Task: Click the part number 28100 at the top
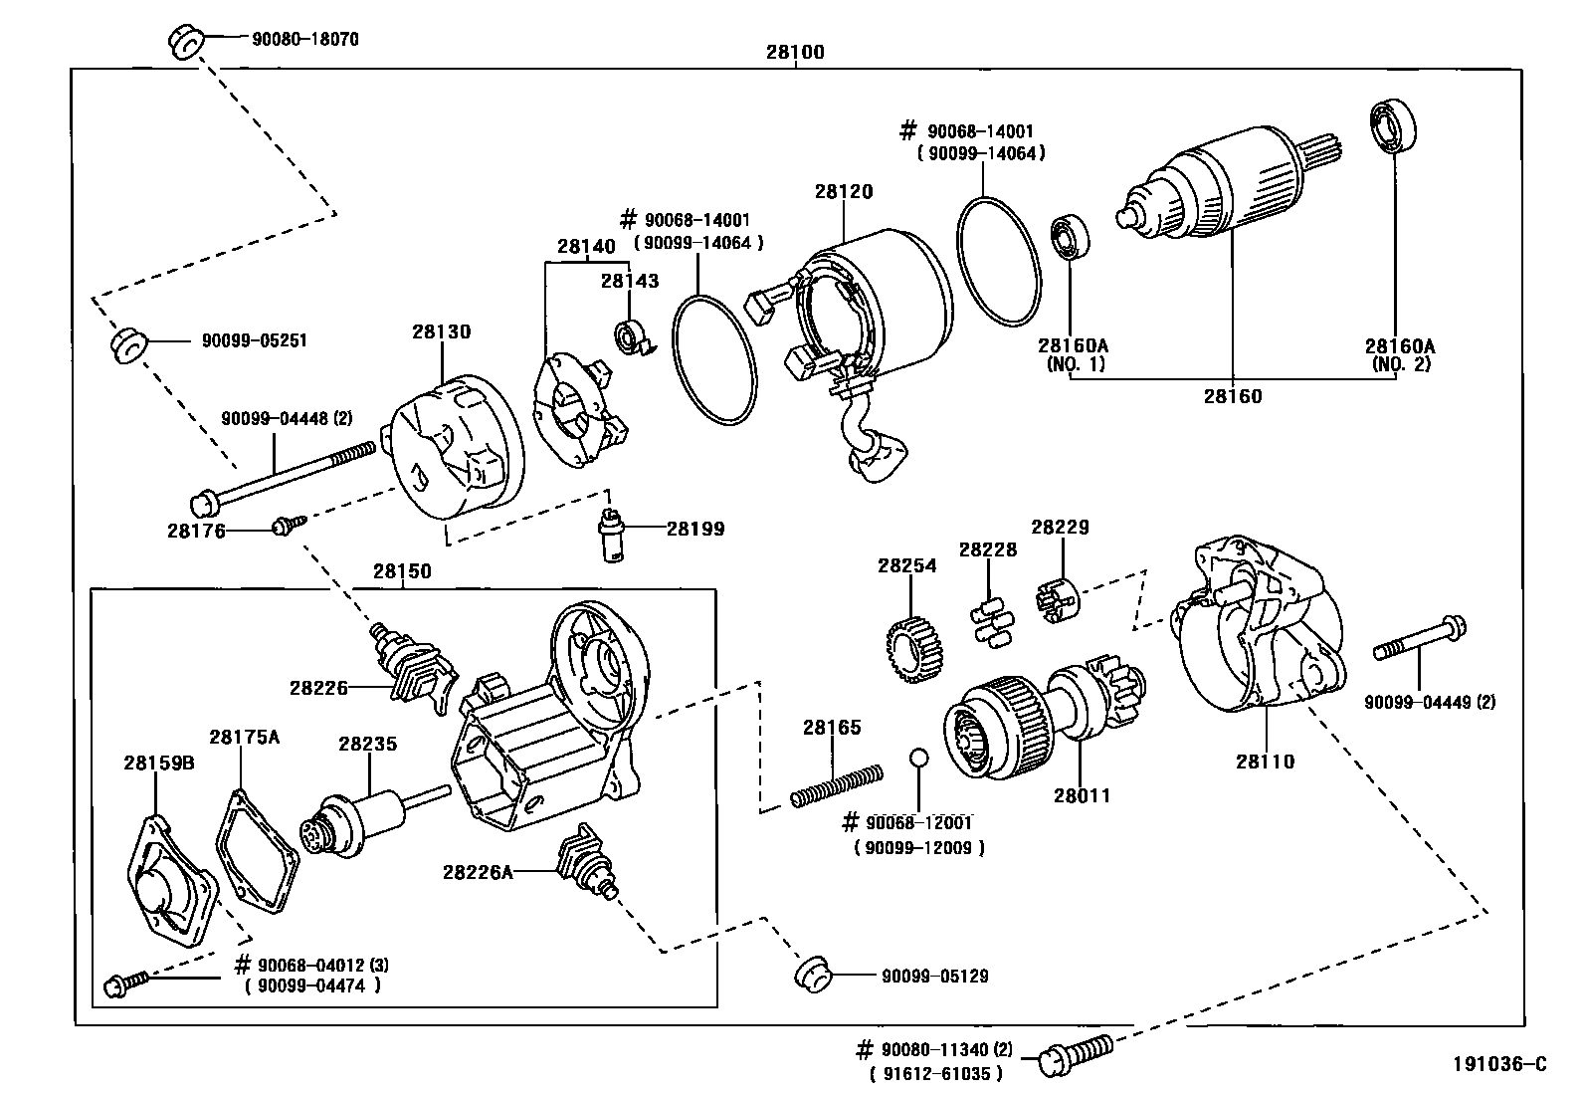795,53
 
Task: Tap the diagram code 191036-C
1499,1064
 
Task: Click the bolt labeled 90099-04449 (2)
1421,639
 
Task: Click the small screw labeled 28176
285,525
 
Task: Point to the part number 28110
1266,762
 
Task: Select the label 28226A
478,872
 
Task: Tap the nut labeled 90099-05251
126,344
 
